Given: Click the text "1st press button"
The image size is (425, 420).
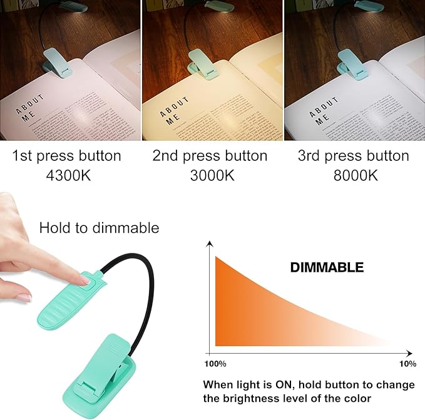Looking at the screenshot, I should coord(66,156).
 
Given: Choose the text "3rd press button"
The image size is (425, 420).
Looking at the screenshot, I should coord(354,156).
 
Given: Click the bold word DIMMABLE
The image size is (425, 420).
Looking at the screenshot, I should coord(327,267).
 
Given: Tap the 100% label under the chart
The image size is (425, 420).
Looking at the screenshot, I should coord(215,364).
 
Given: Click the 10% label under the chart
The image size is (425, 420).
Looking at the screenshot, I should coord(407,364).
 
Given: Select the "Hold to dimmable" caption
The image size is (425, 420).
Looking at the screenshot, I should coord(99,228).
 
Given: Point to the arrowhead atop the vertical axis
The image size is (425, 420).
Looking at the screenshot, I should coord(211,243).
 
